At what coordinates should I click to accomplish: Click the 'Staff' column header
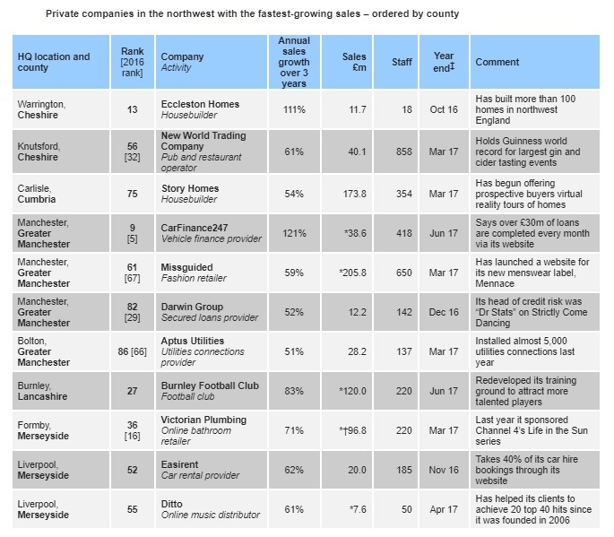pyautogui.click(x=402, y=62)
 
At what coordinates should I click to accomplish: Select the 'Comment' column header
pyautogui.click(x=497, y=62)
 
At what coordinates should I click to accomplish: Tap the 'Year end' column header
pyautogui.click(x=444, y=62)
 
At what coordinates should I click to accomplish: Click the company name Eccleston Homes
pyautogui.click(x=200, y=104)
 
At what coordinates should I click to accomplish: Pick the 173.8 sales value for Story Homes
pyautogui.click(x=354, y=194)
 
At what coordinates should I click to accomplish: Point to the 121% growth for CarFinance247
pyautogui.click(x=294, y=233)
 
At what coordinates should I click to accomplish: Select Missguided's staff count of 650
pyautogui.click(x=403, y=273)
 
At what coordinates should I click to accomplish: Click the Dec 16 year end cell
pyautogui.click(x=444, y=312)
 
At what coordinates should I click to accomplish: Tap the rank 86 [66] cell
pyautogui.click(x=133, y=351)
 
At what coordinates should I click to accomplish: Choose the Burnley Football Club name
pyautogui.click(x=210, y=385)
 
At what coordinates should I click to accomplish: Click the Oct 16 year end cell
pyautogui.click(x=444, y=109)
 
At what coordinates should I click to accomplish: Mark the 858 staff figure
pyautogui.click(x=403, y=152)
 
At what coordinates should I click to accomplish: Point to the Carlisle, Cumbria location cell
pyautogui.click(x=37, y=194)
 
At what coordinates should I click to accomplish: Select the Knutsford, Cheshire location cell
pyautogui.click(x=39, y=152)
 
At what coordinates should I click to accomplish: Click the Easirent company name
pyautogui.click(x=180, y=464)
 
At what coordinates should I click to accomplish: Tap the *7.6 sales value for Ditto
pyautogui.click(x=358, y=509)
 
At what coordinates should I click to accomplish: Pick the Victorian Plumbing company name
pyautogui.click(x=203, y=420)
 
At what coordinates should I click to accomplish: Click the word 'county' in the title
pyautogui.click(x=442, y=14)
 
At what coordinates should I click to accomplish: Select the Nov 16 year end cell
pyautogui.click(x=444, y=470)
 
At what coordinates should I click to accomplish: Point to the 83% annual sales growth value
pyautogui.click(x=294, y=391)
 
